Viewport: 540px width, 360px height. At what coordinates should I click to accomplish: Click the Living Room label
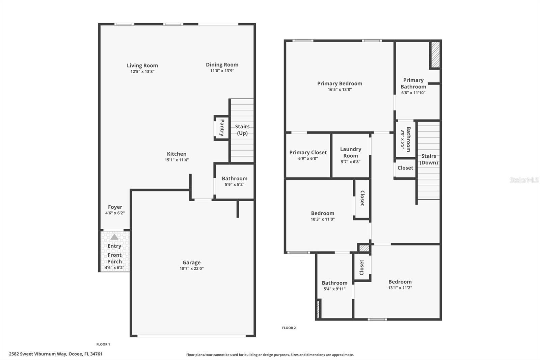pos(142,66)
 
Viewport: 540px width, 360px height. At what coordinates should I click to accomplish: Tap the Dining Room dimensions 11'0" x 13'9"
pos(222,71)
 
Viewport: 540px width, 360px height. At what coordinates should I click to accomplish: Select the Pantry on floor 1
pos(222,128)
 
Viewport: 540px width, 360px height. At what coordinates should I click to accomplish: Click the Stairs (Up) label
pos(242,130)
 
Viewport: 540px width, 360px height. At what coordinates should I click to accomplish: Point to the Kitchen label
pos(177,154)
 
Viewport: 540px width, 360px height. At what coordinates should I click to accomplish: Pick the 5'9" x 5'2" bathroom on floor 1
pos(235,181)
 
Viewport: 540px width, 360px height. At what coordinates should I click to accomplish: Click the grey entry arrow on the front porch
pos(114,237)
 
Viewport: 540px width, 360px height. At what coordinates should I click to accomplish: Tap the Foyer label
pos(115,207)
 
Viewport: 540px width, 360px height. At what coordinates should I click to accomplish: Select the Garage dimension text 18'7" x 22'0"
pos(191,268)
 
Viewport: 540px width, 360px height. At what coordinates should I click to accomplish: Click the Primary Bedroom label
pos(340,83)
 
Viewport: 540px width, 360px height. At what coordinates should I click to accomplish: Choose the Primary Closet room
pos(308,155)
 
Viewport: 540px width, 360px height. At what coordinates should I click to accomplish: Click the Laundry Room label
pos(351,152)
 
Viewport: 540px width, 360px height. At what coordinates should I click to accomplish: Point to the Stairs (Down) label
pos(429,159)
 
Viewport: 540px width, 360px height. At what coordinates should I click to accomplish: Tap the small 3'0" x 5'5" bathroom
pos(406,139)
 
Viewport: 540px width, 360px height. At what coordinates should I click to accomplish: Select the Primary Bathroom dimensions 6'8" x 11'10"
pos(413,93)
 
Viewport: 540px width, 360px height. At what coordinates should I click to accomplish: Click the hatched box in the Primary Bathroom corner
pos(435,54)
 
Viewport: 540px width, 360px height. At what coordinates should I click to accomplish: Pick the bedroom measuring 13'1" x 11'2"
pos(400,284)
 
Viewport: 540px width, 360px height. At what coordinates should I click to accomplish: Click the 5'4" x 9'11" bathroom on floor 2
pos(334,286)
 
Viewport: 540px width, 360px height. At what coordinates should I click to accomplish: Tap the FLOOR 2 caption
pos(289,328)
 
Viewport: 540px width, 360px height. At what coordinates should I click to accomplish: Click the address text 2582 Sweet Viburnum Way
pos(56,354)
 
